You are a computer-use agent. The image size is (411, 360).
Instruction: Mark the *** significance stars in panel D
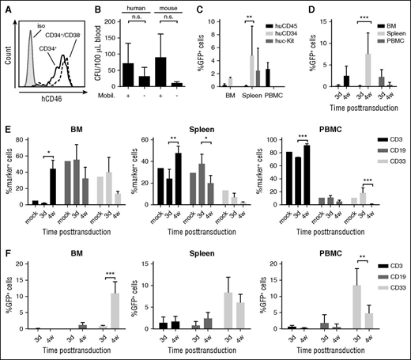click(345, 16)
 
